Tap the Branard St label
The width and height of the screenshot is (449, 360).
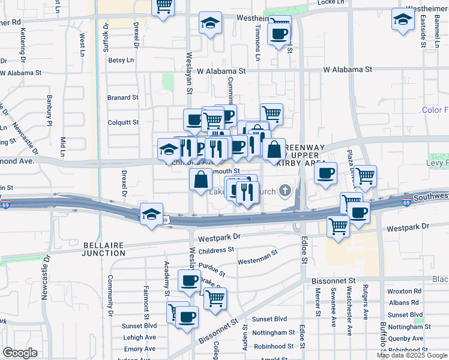[x=122, y=97]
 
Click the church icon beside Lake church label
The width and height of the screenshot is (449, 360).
[x=285, y=192]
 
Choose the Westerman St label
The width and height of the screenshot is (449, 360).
[x=257, y=258]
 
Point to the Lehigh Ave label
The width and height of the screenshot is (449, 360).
[x=139, y=337]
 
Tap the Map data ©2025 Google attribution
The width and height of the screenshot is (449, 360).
[x=412, y=355]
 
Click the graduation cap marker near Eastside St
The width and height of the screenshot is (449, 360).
[x=403, y=20]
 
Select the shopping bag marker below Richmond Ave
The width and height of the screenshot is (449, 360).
[x=200, y=178]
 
